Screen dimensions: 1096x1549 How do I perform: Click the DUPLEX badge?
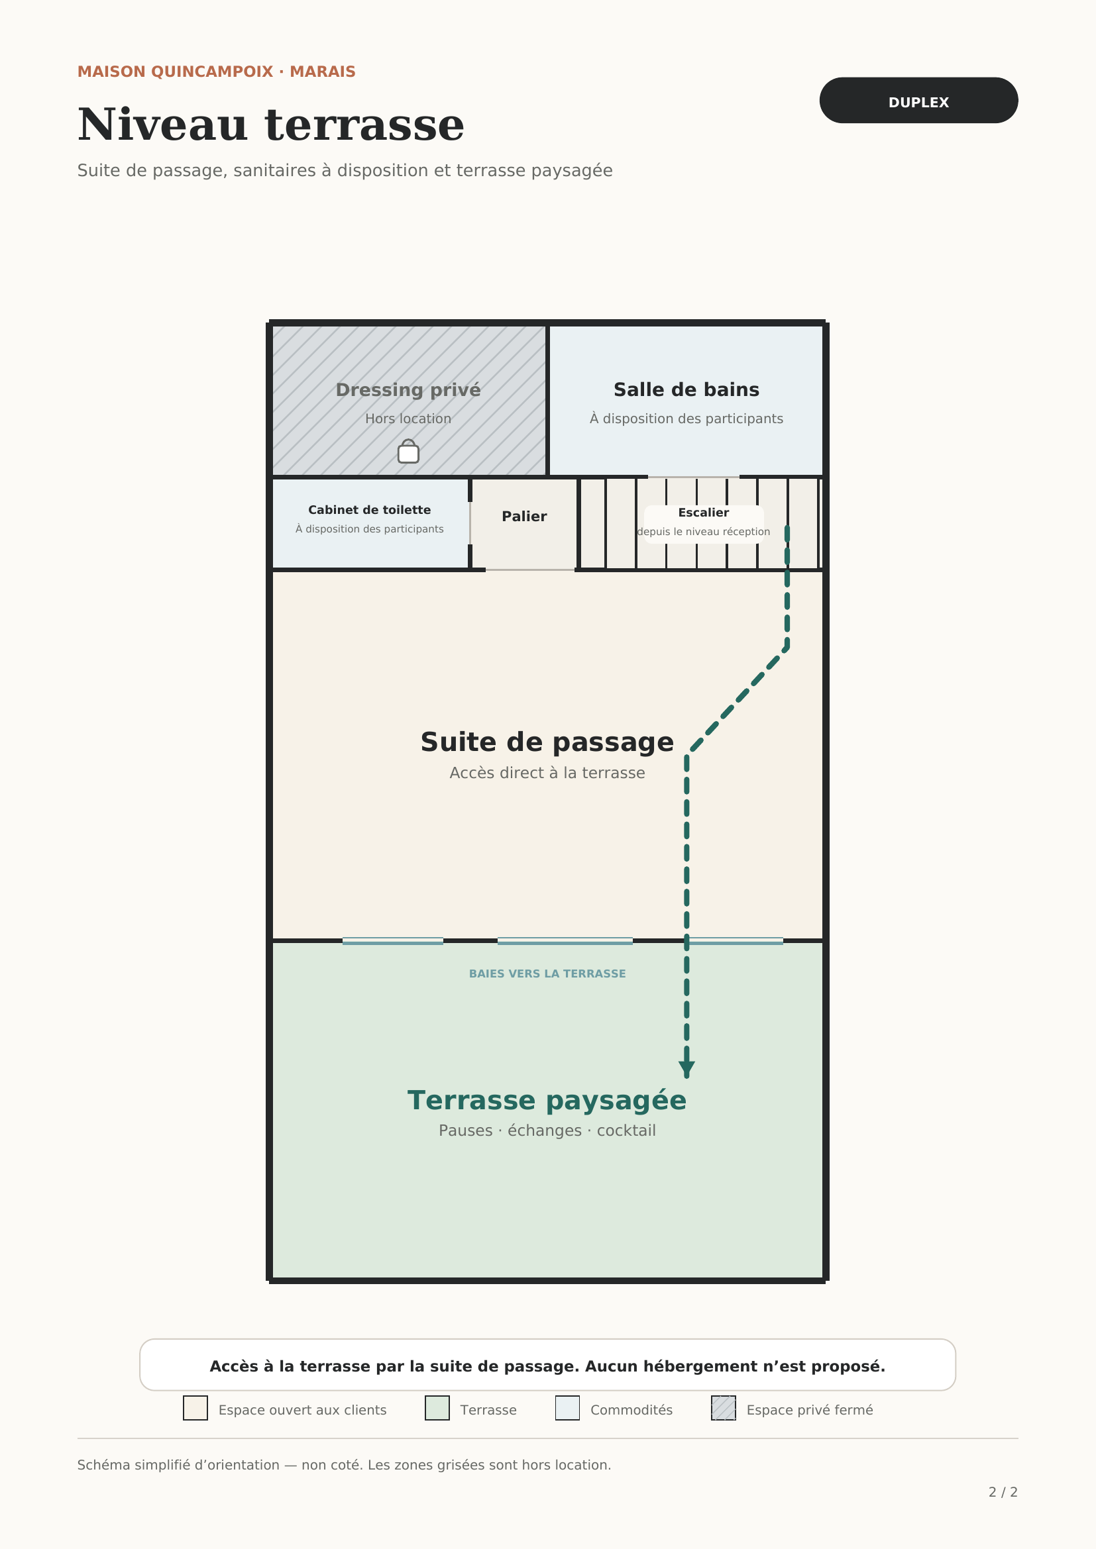[x=918, y=101]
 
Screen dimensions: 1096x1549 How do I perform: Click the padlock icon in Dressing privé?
[x=408, y=452]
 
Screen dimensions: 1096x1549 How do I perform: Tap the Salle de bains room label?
[x=686, y=390]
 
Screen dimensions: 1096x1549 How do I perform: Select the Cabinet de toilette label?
[x=369, y=510]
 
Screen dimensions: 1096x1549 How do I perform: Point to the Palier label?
[x=524, y=517]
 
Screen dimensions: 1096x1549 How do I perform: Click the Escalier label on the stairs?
[x=703, y=513]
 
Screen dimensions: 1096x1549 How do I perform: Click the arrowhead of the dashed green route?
[x=687, y=1069]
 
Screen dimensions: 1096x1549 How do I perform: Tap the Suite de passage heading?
[x=547, y=742]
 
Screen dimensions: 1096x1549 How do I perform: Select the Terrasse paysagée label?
[x=547, y=1101]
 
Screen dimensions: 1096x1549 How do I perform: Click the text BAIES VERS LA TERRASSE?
[x=547, y=974]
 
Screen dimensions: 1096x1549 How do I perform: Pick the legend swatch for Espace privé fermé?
[x=724, y=1408]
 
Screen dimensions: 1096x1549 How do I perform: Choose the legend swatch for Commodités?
[x=568, y=1408]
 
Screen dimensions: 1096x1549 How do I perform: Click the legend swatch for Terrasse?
[x=437, y=1408]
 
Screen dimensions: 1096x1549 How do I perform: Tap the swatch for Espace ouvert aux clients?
[x=195, y=1408]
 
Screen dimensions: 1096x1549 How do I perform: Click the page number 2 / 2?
[x=1003, y=1492]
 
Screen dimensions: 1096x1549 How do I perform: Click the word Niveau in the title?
[x=162, y=125]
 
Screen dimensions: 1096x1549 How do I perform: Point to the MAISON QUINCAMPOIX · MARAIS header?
[x=217, y=72]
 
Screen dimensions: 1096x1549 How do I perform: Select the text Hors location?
[x=408, y=419]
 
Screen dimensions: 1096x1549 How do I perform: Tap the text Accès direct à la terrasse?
[x=547, y=772]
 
